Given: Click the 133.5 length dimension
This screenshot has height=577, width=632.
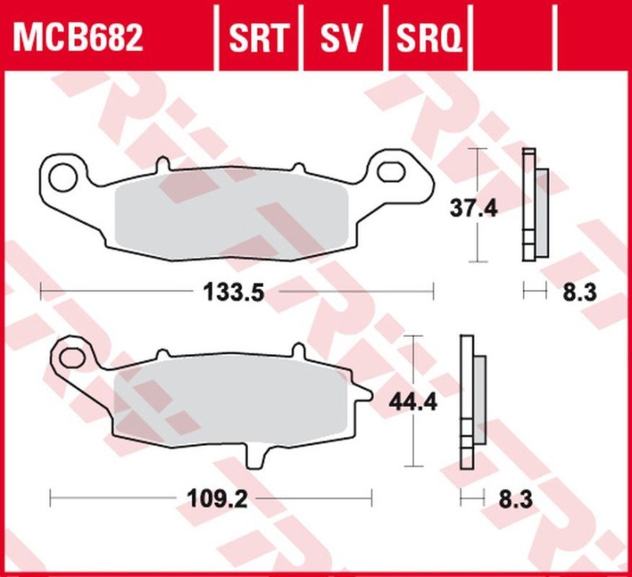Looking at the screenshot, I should tap(234, 292).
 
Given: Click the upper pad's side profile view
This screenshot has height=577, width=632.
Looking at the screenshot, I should tap(534, 206).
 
